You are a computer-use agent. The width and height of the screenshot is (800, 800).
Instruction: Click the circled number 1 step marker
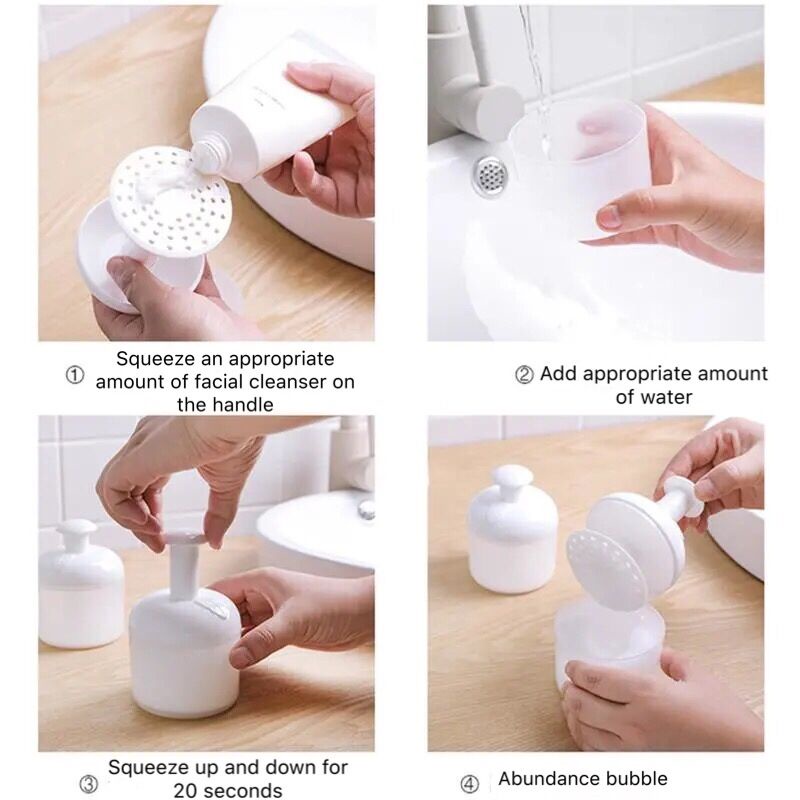[x=75, y=376]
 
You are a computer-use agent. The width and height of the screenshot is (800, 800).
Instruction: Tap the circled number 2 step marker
[x=524, y=375]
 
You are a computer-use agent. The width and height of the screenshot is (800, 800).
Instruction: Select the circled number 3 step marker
[x=89, y=784]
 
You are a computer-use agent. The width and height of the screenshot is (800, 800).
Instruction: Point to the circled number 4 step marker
[x=469, y=784]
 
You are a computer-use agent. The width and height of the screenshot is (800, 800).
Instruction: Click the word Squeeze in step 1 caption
[x=155, y=359]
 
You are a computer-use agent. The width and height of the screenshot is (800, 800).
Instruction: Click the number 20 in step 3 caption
[x=186, y=790]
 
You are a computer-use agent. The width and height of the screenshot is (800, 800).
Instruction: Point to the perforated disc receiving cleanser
[x=171, y=202]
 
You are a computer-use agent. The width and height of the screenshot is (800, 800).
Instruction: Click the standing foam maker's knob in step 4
[x=512, y=478]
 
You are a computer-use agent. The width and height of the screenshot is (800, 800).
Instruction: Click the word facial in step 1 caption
[x=219, y=382]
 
